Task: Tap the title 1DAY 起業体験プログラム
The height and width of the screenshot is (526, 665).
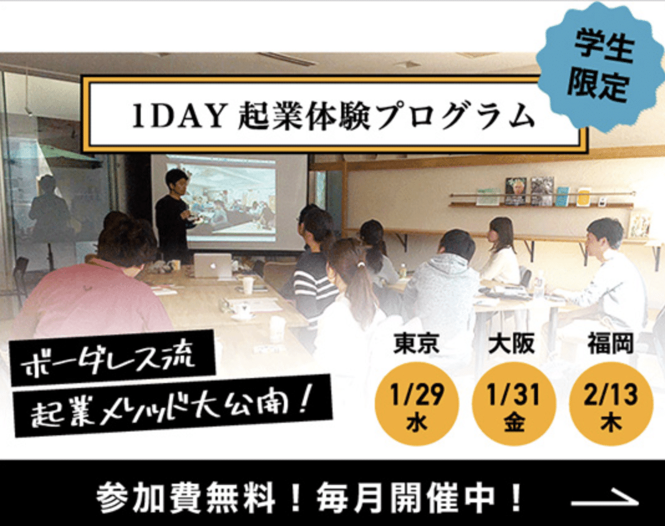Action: [x=333, y=116]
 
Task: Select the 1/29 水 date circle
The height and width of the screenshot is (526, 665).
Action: [x=417, y=404]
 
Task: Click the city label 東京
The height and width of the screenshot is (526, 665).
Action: [x=417, y=343]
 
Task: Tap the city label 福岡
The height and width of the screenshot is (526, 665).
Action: [x=610, y=343]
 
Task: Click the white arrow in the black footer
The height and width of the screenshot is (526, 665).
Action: [x=605, y=499]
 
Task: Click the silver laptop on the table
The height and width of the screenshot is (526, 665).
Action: [x=213, y=265]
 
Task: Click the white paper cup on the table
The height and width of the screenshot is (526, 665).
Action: [x=247, y=285]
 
